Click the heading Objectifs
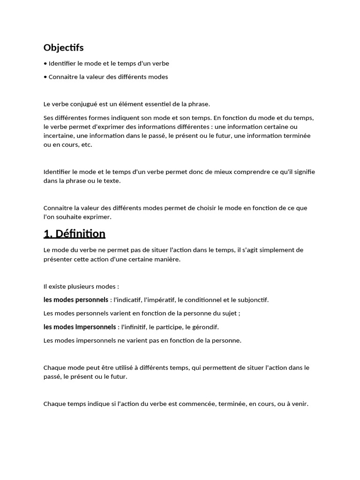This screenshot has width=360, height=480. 63,48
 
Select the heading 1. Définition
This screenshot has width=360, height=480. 74,233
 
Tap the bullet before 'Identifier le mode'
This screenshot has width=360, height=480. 45,63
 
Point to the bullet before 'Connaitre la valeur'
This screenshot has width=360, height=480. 45,77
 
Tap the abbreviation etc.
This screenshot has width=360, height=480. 87,145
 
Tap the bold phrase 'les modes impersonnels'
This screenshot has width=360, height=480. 79,327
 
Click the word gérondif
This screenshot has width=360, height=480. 205,327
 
